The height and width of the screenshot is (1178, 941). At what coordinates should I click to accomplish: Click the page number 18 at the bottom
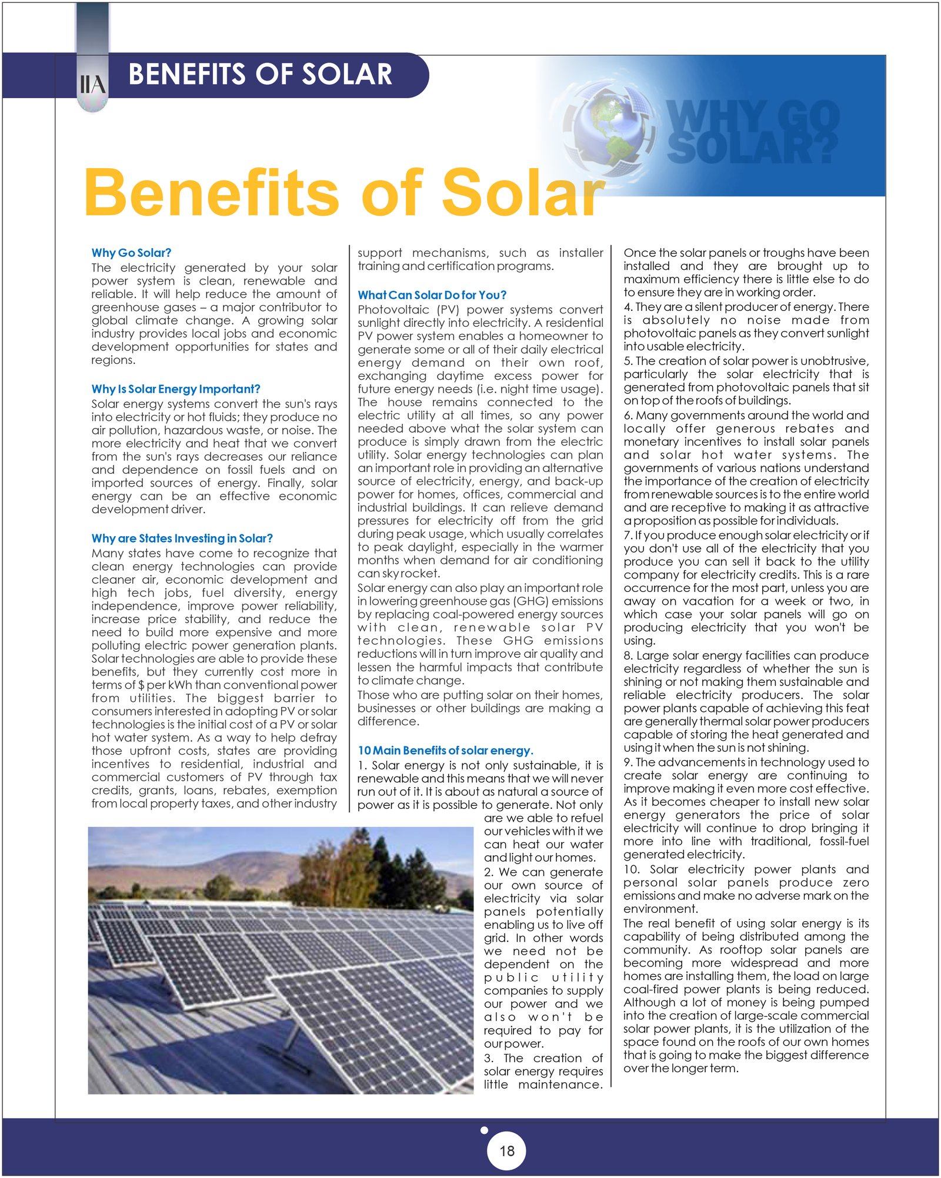tap(506, 1150)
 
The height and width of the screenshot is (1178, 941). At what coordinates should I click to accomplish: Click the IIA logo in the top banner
tap(92, 85)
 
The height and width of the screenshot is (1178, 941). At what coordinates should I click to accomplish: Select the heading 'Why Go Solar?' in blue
tap(131, 253)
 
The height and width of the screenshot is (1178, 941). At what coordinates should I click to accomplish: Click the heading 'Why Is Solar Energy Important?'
tap(175, 389)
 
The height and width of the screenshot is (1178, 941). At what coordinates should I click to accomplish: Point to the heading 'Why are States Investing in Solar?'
tap(182, 538)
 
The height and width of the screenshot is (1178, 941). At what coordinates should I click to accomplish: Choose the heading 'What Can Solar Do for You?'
tap(432, 295)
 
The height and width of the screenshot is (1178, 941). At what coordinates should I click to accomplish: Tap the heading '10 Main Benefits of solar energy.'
tap(445, 751)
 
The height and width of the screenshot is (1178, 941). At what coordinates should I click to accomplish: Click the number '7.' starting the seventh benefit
tap(628, 536)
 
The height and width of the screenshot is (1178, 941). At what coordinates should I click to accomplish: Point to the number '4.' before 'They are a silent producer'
tap(628, 307)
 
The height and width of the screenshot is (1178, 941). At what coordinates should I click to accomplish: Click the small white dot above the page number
tap(484, 1130)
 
